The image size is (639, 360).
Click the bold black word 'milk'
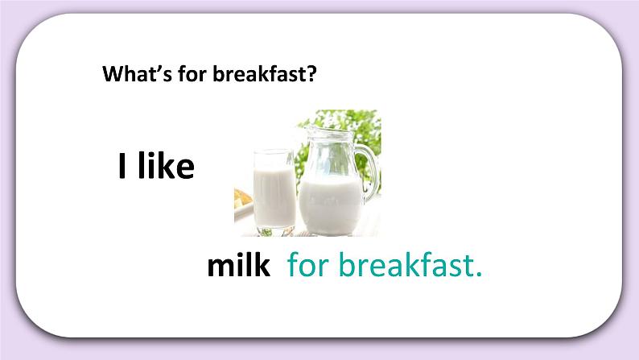click(238, 267)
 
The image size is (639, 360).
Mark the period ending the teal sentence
click(478, 275)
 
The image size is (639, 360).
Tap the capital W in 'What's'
click(111, 74)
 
